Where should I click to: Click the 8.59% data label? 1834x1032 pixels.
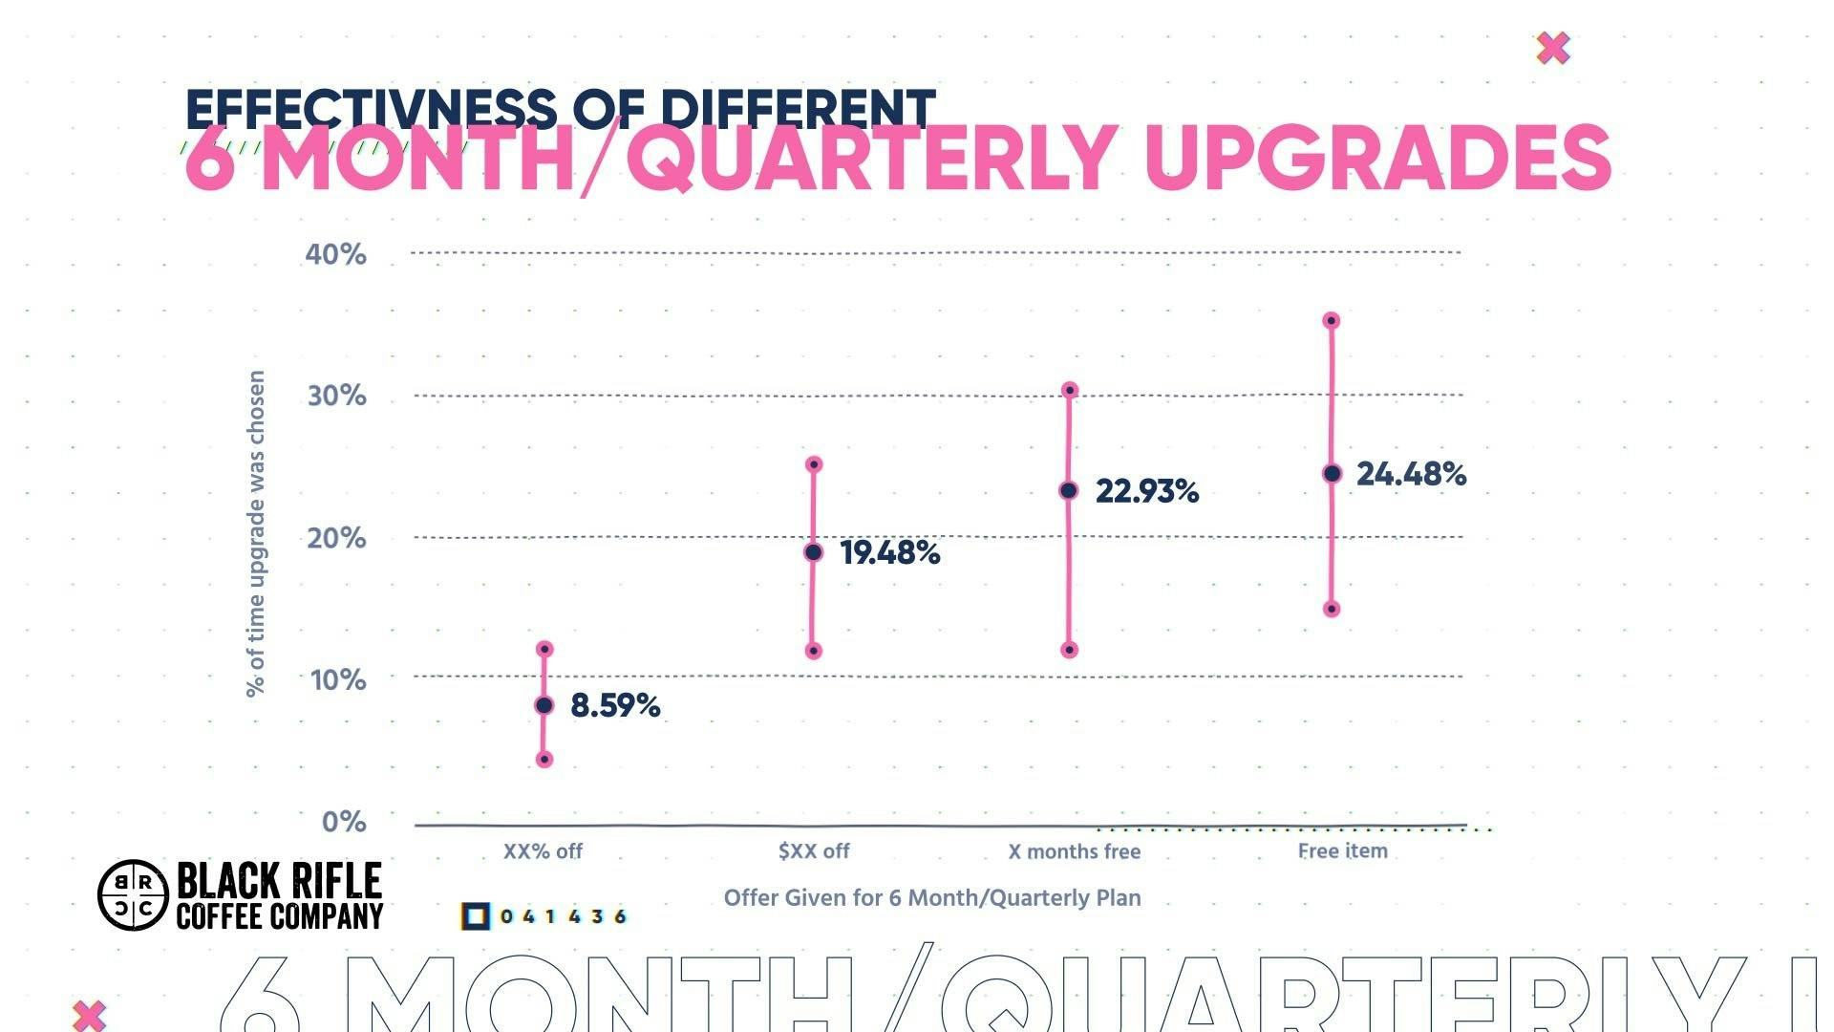pyautogui.click(x=615, y=706)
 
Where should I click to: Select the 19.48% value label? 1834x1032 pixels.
pyautogui.click(x=890, y=553)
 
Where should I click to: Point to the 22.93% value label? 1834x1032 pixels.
pyautogui.click(x=1146, y=491)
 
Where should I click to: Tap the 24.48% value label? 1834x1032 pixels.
pyautogui.click(x=1411, y=474)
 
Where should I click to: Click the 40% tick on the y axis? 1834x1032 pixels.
pyautogui.click(x=335, y=254)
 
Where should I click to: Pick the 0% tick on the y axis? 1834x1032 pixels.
pyautogui.click(x=344, y=822)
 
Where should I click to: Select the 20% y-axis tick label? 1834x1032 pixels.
pyautogui.click(x=336, y=538)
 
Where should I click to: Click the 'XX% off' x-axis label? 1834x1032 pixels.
pyautogui.click(x=543, y=851)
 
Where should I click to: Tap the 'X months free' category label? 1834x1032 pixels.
pyautogui.click(x=1075, y=851)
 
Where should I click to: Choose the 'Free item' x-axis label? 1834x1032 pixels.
pyautogui.click(x=1342, y=850)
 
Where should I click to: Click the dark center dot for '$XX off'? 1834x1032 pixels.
pyautogui.click(x=813, y=552)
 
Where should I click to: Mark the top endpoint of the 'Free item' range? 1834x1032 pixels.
pyautogui.click(x=1332, y=321)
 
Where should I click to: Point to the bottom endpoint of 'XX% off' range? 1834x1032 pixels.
pyautogui.click(x=544, y=760)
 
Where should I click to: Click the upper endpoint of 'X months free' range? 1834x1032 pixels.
pyautogui.click(x=1070, y=390)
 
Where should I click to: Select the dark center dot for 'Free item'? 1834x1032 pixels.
pyautogui.click(x=1333, y=474)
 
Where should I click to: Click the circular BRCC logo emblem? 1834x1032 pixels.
pyautogui.click(x=133, y=895)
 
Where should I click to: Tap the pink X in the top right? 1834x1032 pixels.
pyautogui.click(x=1553, y=48)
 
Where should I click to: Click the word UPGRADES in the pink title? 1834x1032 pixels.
pyautogui.click(x=1376, y=159)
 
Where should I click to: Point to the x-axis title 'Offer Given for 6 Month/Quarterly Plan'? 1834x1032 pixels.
pyautogui.click(x=932, y=898)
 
